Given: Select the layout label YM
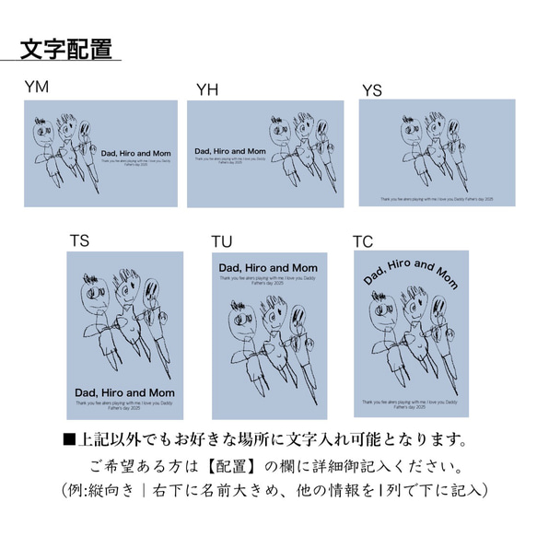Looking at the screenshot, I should tap(38, 88).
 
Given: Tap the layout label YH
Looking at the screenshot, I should tap(208, 88).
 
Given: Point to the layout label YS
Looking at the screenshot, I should tap(371, 88).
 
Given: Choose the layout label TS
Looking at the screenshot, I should tap(79, 240).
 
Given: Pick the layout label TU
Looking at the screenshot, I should tap(222, 241).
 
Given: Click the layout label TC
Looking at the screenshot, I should tap(363, 240).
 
